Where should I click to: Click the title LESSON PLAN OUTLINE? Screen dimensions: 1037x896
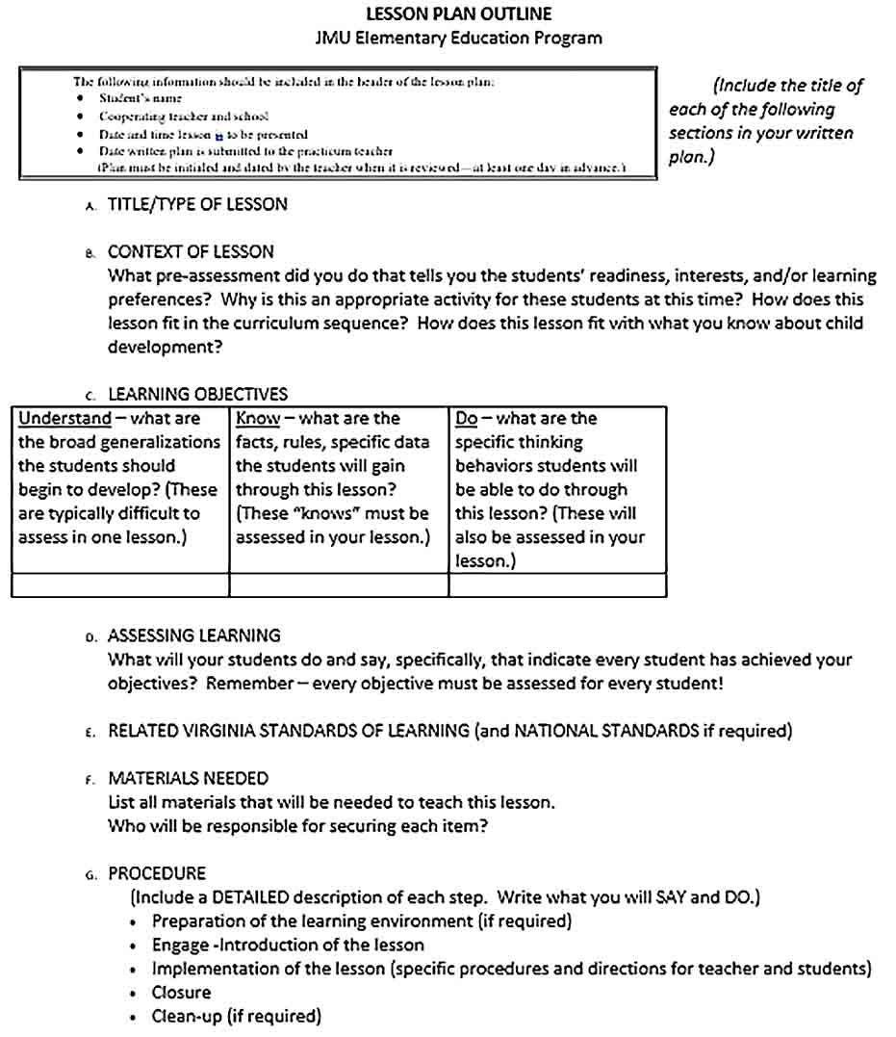pos(459,13)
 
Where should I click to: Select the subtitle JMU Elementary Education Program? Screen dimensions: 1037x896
pos(459,39)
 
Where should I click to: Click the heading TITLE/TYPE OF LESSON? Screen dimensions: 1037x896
pos(197,204)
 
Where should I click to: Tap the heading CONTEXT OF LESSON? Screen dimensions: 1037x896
pos(191,251)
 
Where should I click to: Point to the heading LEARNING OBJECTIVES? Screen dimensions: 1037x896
pos(197,394)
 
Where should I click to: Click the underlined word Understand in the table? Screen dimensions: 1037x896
pos(64,419)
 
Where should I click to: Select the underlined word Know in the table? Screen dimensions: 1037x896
pos(258,419)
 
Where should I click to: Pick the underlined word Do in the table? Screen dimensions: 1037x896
pos(466,419)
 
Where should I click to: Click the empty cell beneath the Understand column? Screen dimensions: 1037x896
pos(120,585)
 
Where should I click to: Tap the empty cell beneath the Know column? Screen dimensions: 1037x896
pos(339,585)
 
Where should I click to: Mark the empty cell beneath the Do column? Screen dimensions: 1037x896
pos(557,585)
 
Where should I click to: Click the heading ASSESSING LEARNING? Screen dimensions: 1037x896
pos(194,635)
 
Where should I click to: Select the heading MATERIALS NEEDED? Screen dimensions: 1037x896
pos(188,778)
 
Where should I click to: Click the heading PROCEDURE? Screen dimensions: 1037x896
pos(157,873)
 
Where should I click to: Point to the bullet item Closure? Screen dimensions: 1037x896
pos(181,992)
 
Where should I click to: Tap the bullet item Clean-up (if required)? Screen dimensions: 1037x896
pos(236,1016)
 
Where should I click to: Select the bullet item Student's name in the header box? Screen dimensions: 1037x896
pos(141,98)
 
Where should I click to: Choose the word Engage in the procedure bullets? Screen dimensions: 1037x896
pos(179,945)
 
